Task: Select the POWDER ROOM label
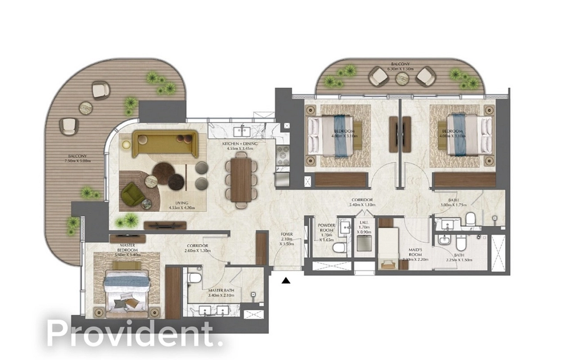[x=326, y=227]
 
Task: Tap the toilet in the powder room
[x=339, y=247]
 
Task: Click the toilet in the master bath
[x=194, y=277]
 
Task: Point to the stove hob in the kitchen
[x=281, y=152]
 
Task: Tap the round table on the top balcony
[x=401, y=78]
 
